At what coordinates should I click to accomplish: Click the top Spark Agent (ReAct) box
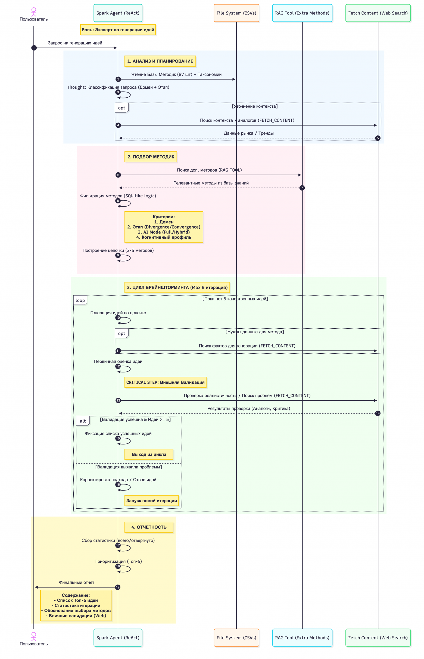click(x=118, y=13)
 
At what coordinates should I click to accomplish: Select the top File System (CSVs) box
click(x=236, y=13)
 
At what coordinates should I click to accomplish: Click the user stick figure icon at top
click(x=34, y=12)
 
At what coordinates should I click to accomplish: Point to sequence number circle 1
click(x=34, y=48)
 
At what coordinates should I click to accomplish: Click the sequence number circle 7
click(x=302, y=188)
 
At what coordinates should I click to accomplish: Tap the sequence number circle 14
click(x=378, y=413)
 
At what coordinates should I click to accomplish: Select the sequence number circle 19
click(x=118, y=587)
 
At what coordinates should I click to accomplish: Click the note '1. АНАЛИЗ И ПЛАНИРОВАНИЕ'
click(x=160, y=61)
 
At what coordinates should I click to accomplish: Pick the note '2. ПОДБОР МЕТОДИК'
click(x=151, y=157)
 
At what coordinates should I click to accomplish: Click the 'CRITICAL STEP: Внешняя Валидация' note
click(x=165, y=382)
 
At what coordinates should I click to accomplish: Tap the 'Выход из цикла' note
click(x=149, y=454)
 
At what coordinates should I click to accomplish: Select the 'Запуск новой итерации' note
click(x=151, y=501)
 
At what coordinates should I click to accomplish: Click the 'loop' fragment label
click(x=80, y=300)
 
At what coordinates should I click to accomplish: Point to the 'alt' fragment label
click(x=83, y=421)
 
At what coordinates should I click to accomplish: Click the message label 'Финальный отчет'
click(x=77, y=582)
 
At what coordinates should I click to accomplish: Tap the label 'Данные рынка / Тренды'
click(x=249, y=133)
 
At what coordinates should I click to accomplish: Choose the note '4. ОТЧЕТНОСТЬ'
click(x=149, y=527)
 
